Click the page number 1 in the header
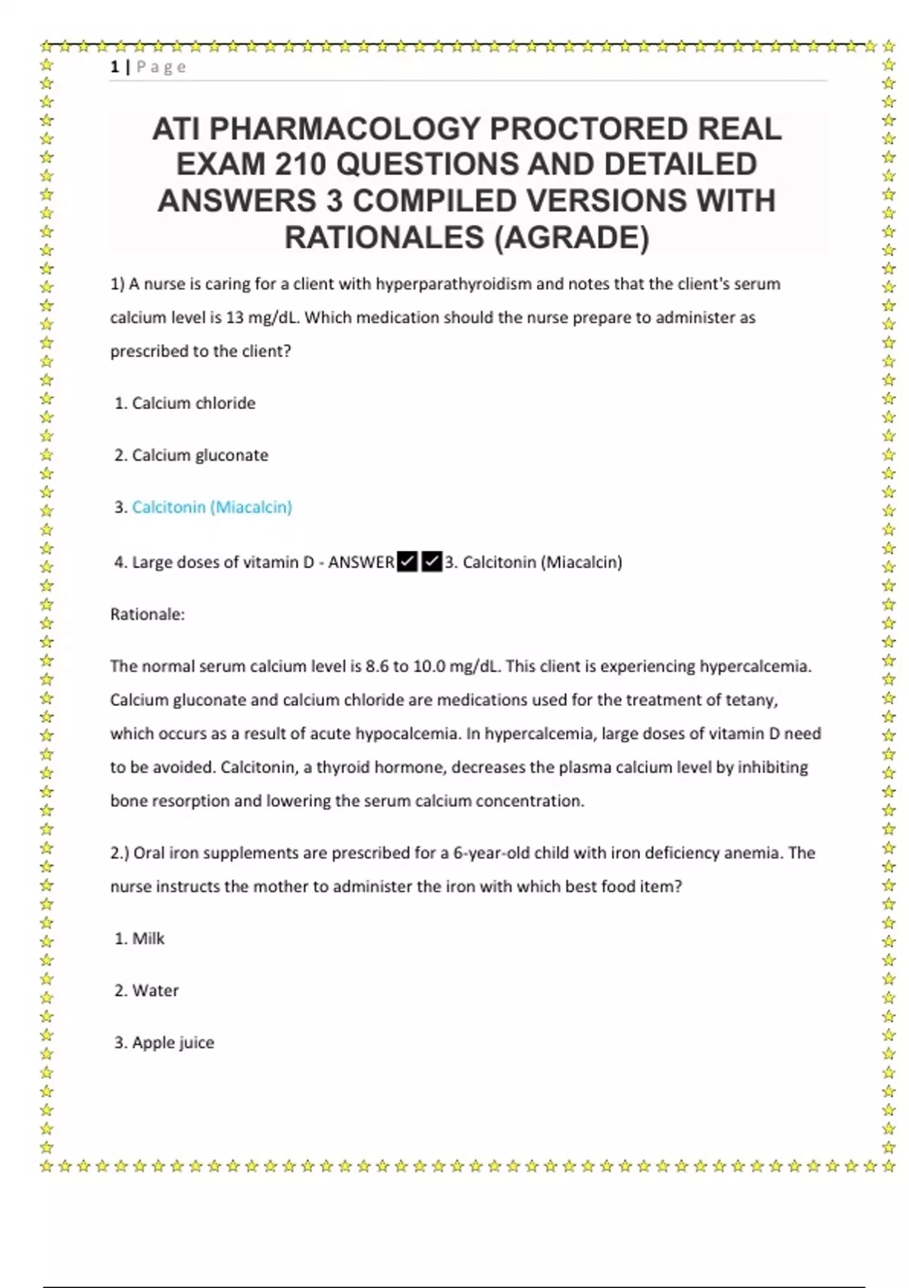pyautogui.click(x=114, y=67)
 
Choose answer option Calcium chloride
pyautogui.click(x=193, y=403)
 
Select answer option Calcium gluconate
pyautogui.click(x=200, y=455)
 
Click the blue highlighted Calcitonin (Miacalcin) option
pyautogui.click(x=212, y=507)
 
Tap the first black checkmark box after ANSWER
pyautogui.click(x=407, y=562)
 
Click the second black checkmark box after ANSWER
pyautogui.click(x=431, y=562)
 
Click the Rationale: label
pyautogui.click(x=148, y=614)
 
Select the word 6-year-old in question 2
pyautogui.click(x=490, y=853)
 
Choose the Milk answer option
pyautogui.click(x=148, y=939)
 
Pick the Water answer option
pyautogui.click(x=155, y=991)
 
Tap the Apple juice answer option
pyautogui.click(x=173, y=1043)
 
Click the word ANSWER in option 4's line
pyautogui.click(x=361, y=562)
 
